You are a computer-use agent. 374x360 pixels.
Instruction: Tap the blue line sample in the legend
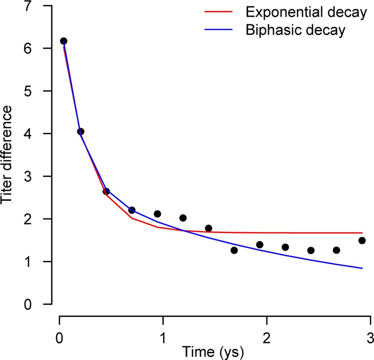(x=220, y=30)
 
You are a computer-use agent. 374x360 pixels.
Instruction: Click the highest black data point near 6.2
(x=63, y=41)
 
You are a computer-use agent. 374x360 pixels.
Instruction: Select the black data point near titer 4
(x=80, y=131)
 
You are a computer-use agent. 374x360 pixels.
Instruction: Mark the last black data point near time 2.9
(x=362, y=241)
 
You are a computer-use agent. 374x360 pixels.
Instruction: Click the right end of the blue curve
(x=362, y=268)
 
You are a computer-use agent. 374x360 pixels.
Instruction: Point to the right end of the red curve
(x=362, y=233)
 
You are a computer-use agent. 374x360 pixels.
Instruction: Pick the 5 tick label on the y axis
(x=39, y=91)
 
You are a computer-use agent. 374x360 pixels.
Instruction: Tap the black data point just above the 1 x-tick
(x=157, y=214)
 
